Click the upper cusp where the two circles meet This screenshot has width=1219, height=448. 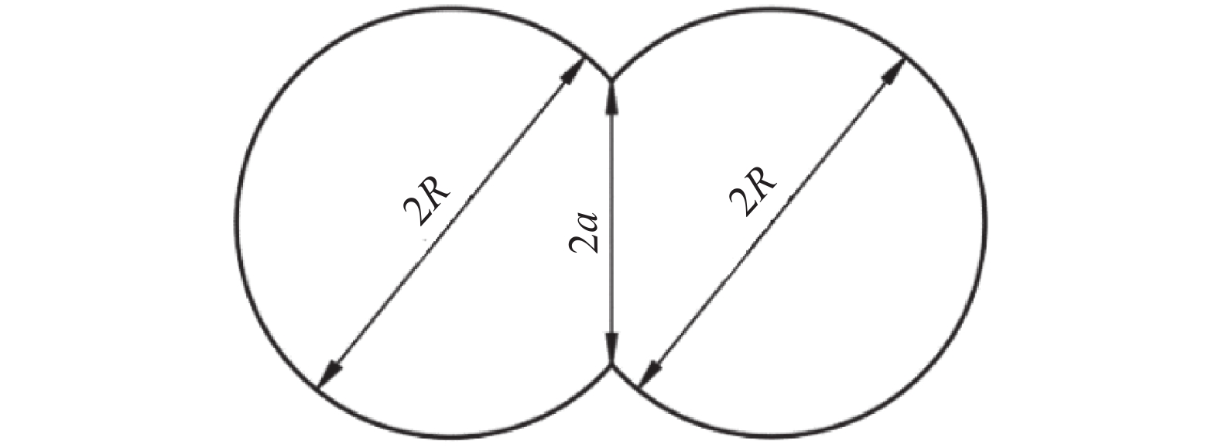click(x=611, y=80)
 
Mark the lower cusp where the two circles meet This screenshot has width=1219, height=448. click(x=611, y=367)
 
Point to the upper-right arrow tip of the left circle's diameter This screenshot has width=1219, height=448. click(x=583, y=59)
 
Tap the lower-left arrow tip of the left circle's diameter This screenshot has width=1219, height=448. click(x=318, y=388)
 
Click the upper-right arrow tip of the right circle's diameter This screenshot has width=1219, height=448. click(x=905, y=58)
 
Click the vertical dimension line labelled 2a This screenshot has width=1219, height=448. click(x=611, y=223)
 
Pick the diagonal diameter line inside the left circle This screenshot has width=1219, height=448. click(x=450, y=223)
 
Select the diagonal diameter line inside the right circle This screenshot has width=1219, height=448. click(x=772, y=223)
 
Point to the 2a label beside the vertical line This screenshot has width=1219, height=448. click(x=584, y=233)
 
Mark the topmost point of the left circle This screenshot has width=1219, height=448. click(x=452, y=9)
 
